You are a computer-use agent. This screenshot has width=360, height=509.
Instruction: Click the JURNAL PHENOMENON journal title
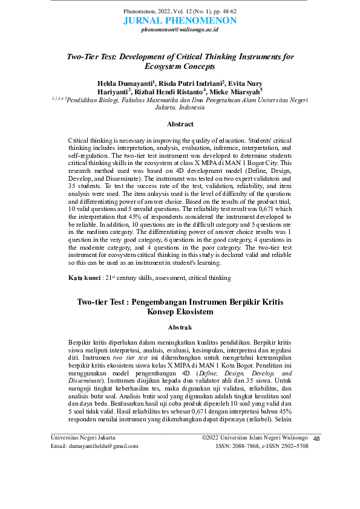pos(180,21)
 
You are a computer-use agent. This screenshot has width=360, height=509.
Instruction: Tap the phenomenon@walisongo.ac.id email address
pos(180,29)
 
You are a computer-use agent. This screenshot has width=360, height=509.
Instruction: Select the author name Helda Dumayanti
pos(125,83)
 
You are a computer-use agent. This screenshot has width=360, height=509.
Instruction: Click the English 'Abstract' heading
pos(180,125)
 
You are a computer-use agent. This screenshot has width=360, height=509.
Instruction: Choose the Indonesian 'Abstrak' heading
pos(180,327)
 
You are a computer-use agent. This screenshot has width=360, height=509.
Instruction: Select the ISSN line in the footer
pos(262,446)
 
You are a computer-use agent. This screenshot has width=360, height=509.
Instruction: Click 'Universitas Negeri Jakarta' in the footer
pos(83,437)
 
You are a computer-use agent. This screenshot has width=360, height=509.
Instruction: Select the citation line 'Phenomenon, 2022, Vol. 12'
pos(180,11)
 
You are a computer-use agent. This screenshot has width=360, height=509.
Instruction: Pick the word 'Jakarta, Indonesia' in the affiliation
pos(180,108)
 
